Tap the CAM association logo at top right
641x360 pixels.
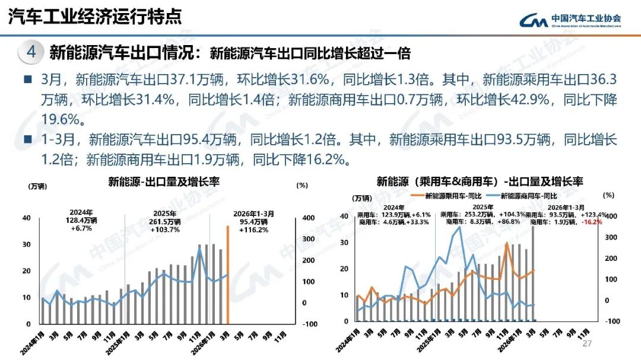click(570, 20)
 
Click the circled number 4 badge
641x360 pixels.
click(31, 52)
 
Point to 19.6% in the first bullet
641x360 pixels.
click(61, 119)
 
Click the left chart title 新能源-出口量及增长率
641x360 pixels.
click(164, 182)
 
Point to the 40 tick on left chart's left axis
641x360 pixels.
click(27, 218)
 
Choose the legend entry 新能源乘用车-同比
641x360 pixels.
click(448, 196)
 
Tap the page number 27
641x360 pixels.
click(588, 344)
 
